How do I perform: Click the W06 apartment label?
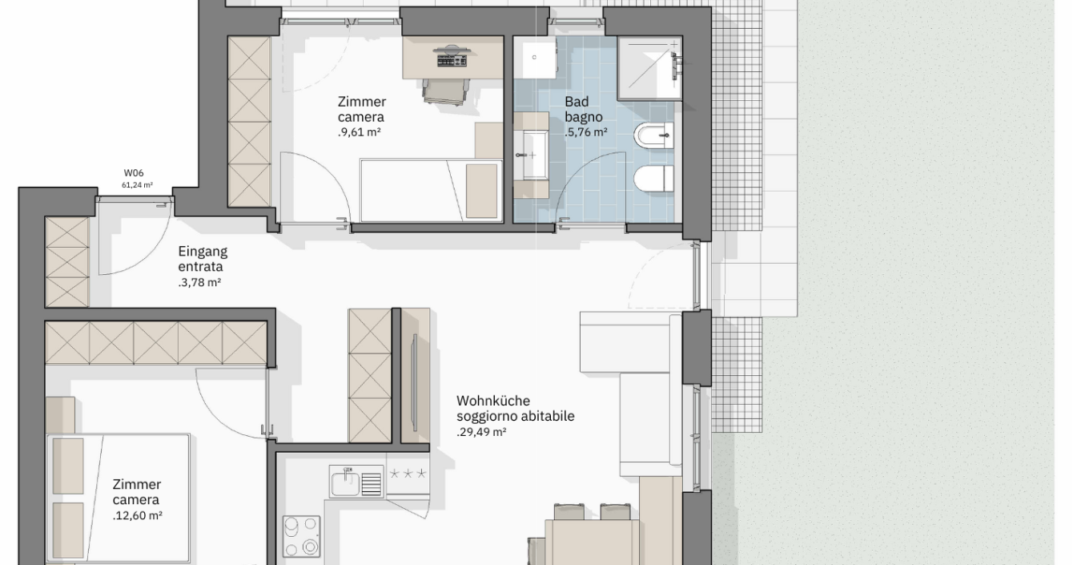pos(134,173)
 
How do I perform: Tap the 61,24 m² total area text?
pos(137,185)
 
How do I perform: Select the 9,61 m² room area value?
pos(360,132)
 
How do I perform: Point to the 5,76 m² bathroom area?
pos(586,132)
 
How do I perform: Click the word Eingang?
pos(203,252)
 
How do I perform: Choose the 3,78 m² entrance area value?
pos(199,283)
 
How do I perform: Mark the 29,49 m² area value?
pos(481,432)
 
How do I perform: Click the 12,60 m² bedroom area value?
pos(138,516)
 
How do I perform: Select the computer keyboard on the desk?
pos(452,61)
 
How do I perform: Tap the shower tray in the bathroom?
pos(650,69)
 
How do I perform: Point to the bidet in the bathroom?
pos(654,135)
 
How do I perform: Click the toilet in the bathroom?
pos(654,180)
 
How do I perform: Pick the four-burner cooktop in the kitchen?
pos(301,536)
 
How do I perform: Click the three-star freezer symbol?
pos(408,474)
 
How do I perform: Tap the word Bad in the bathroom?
pos(577,102)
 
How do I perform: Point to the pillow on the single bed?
pos(481,191)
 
